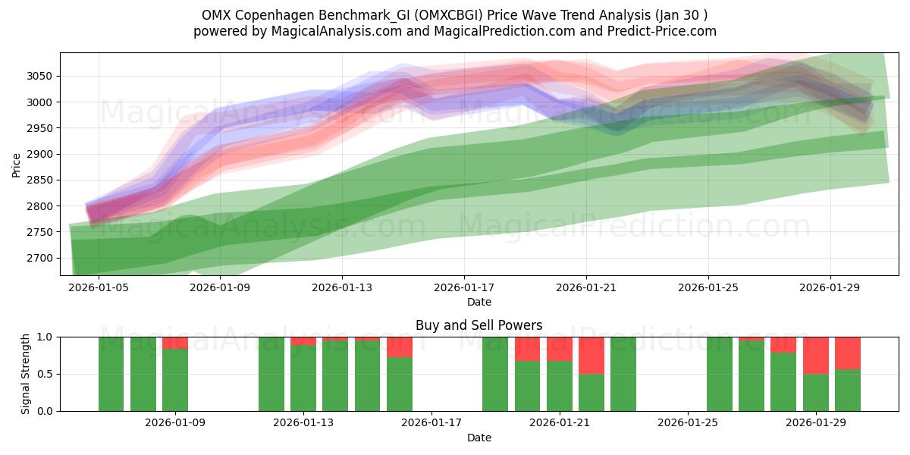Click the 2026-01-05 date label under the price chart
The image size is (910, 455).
[x=98, y=288]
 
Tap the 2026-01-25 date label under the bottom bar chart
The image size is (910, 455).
[x=688, y=423]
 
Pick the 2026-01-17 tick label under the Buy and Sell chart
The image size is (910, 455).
[x=431, y=423]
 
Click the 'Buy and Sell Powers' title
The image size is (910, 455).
[x=479, y=325]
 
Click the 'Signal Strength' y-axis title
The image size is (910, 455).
[x=26, y=374]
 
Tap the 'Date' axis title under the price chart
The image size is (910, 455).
[x=479, y=302]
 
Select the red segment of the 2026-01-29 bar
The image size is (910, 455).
[x=816, y=355]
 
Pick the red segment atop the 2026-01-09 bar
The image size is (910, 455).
[x=175, y=343]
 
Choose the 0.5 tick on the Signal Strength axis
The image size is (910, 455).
[x=47, y=374]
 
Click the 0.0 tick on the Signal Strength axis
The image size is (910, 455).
[x=47, y=411]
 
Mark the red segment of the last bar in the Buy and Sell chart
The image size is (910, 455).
[x=848, y=353]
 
